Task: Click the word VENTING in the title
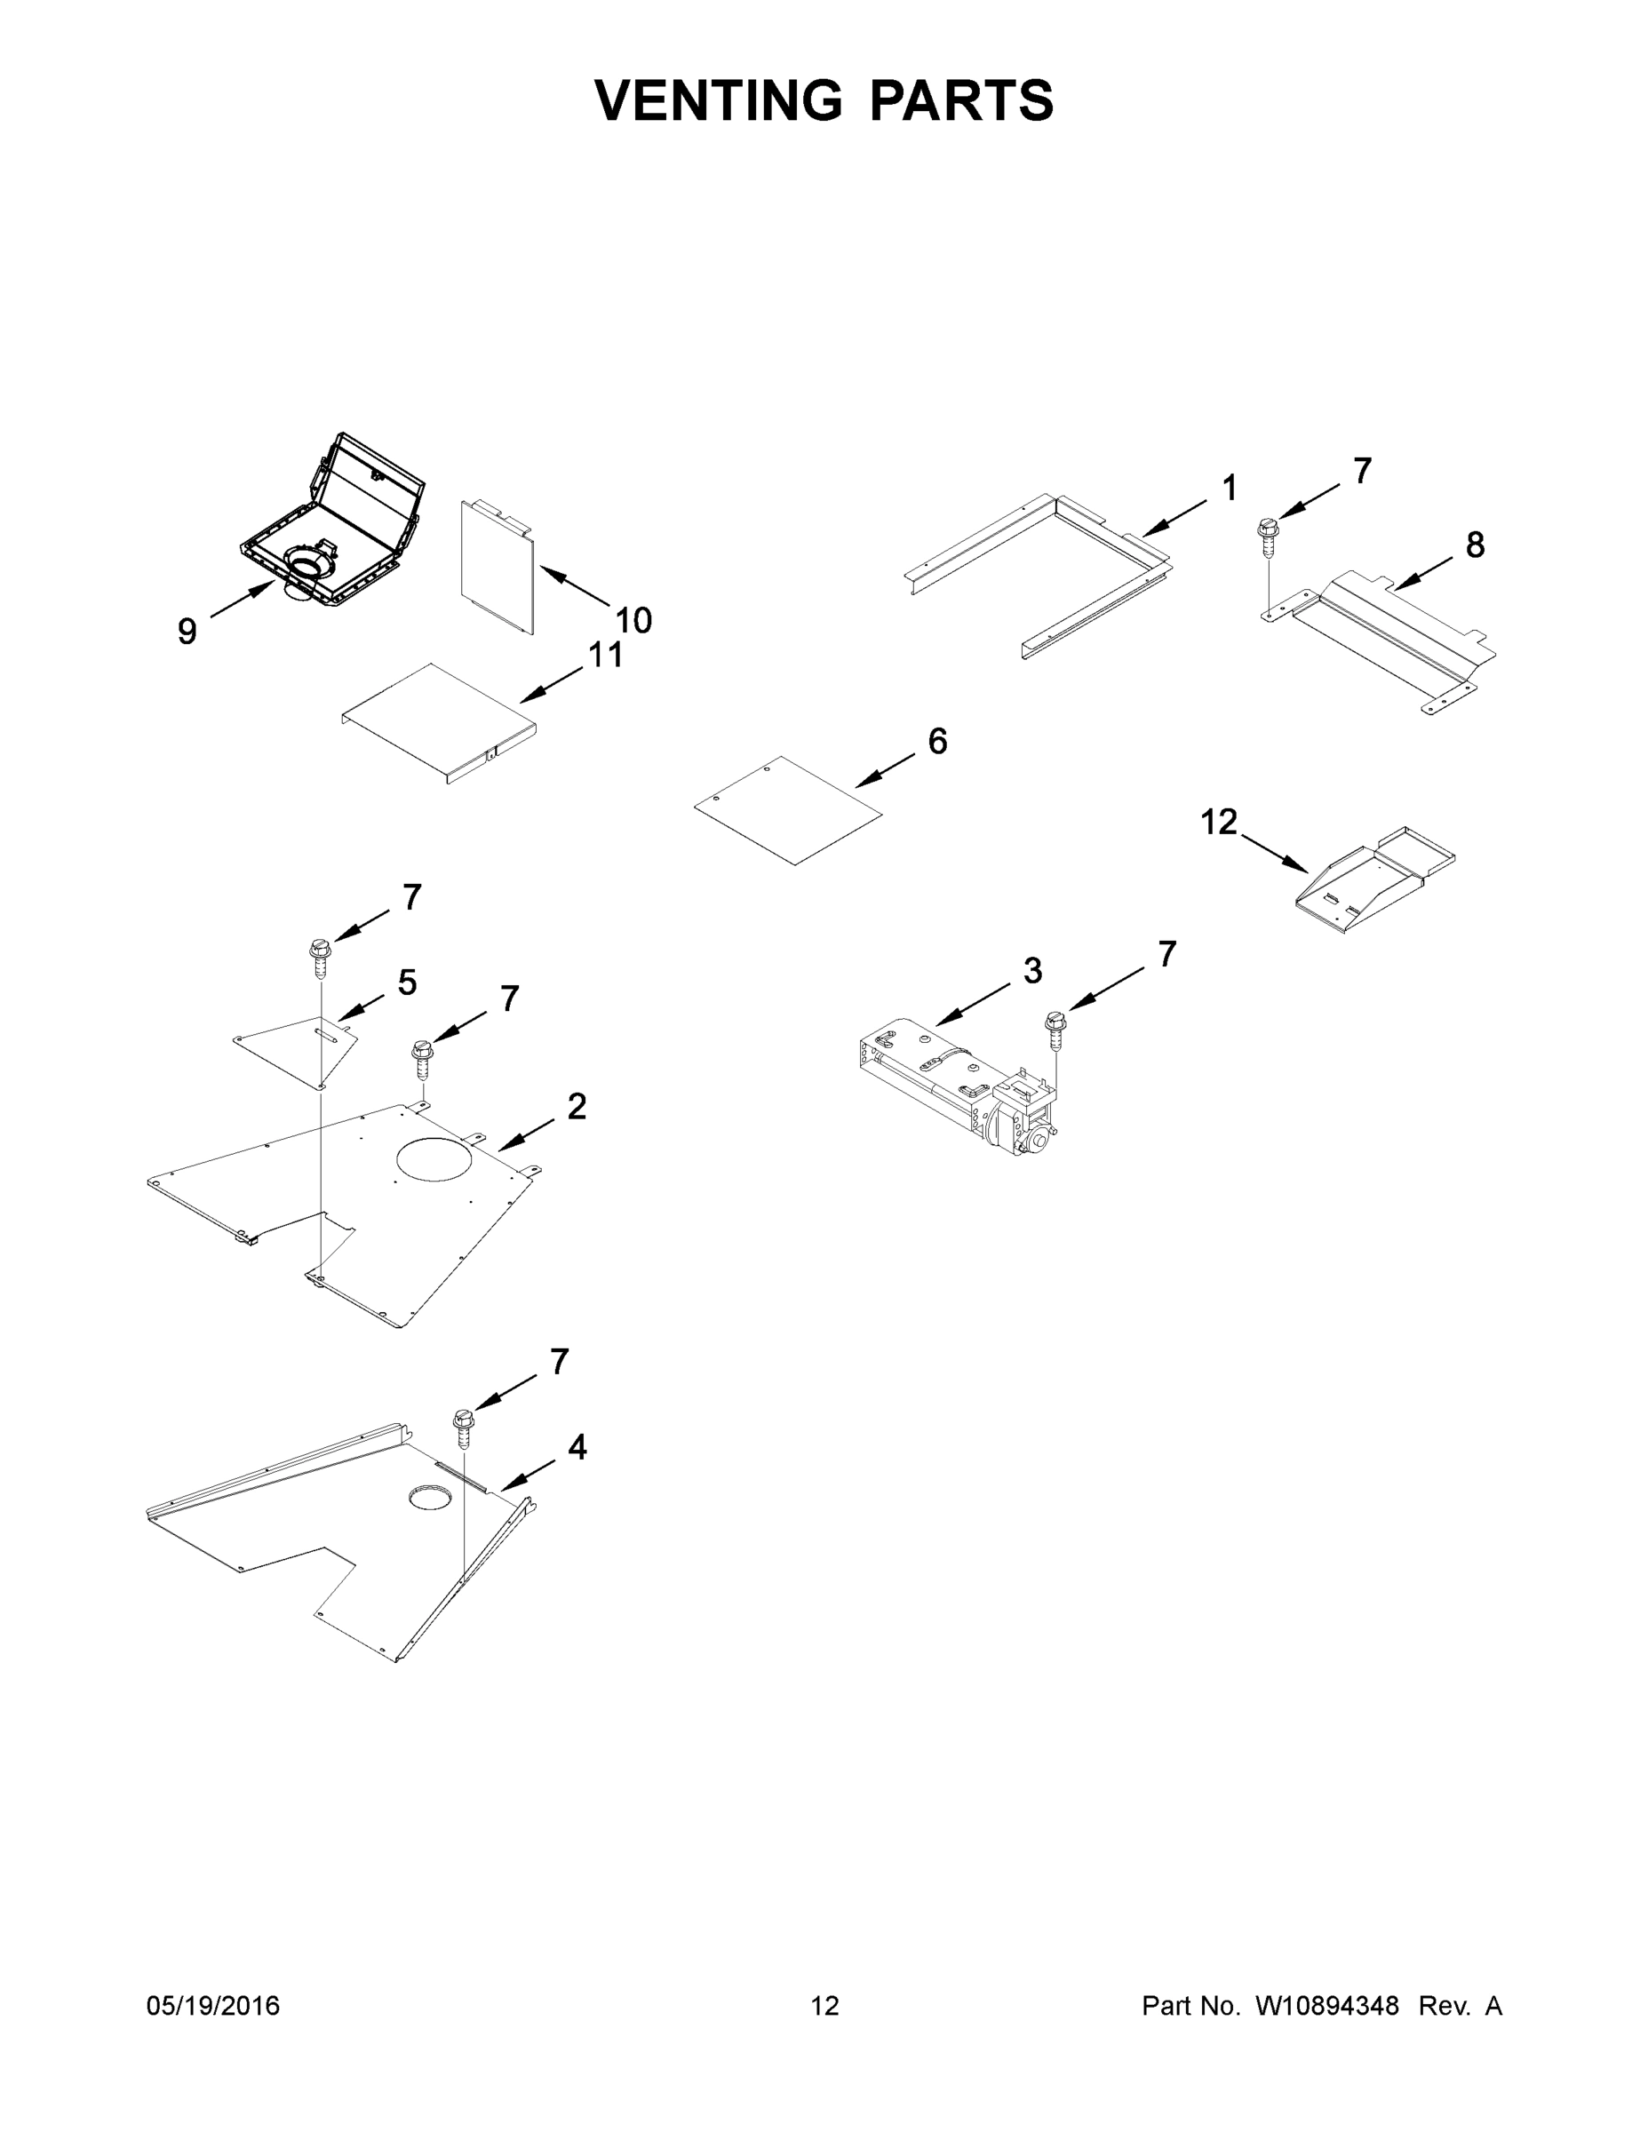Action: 719,100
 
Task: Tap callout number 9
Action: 187,632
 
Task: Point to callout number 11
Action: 605,655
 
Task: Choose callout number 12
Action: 1218,822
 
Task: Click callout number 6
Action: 937,741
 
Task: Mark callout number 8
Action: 1474,545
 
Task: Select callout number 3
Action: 1033,970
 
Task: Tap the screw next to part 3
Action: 1055,1030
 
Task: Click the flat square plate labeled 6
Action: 789,809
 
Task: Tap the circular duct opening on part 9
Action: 308,564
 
